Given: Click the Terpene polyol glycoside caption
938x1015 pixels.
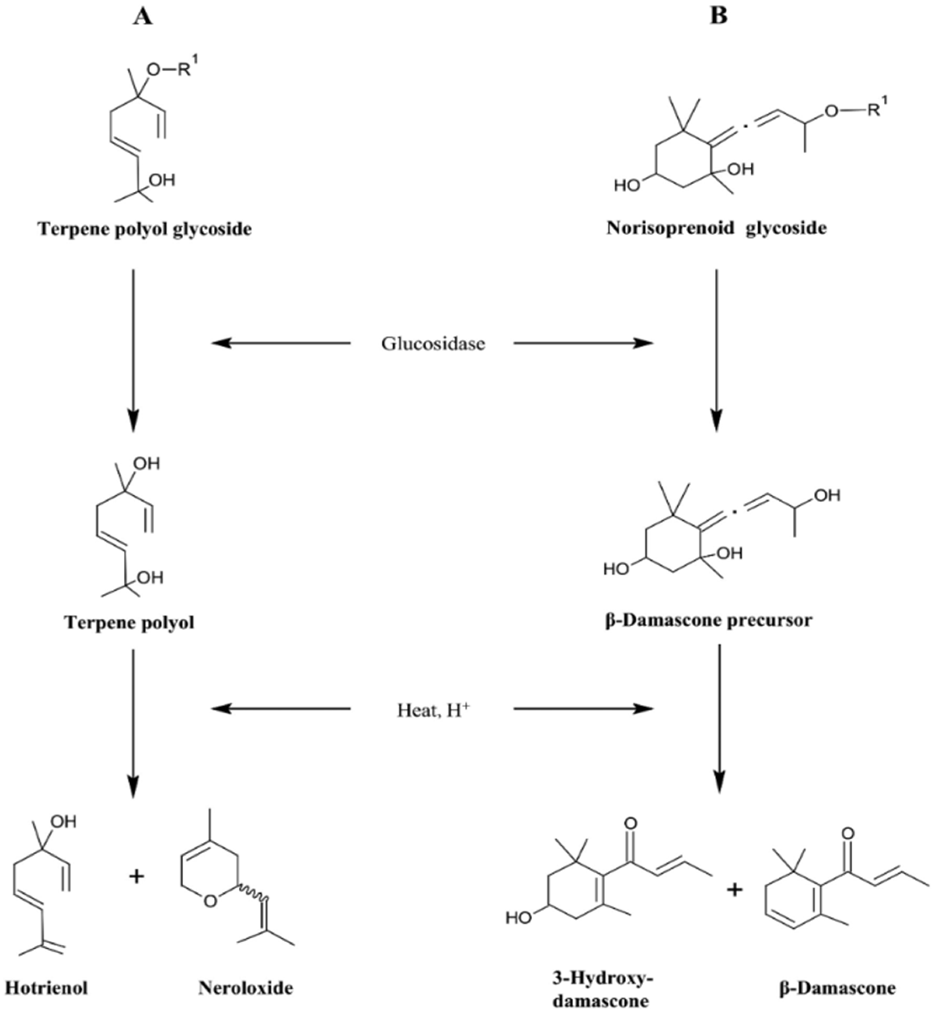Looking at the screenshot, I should tap(145, 229).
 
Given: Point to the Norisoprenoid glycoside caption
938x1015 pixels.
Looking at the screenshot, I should tap(716, 228).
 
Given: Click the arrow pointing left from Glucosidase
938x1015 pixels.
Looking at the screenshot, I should tap(281, 344).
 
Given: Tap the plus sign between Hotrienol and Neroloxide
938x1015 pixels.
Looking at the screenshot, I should tap(136, 876).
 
